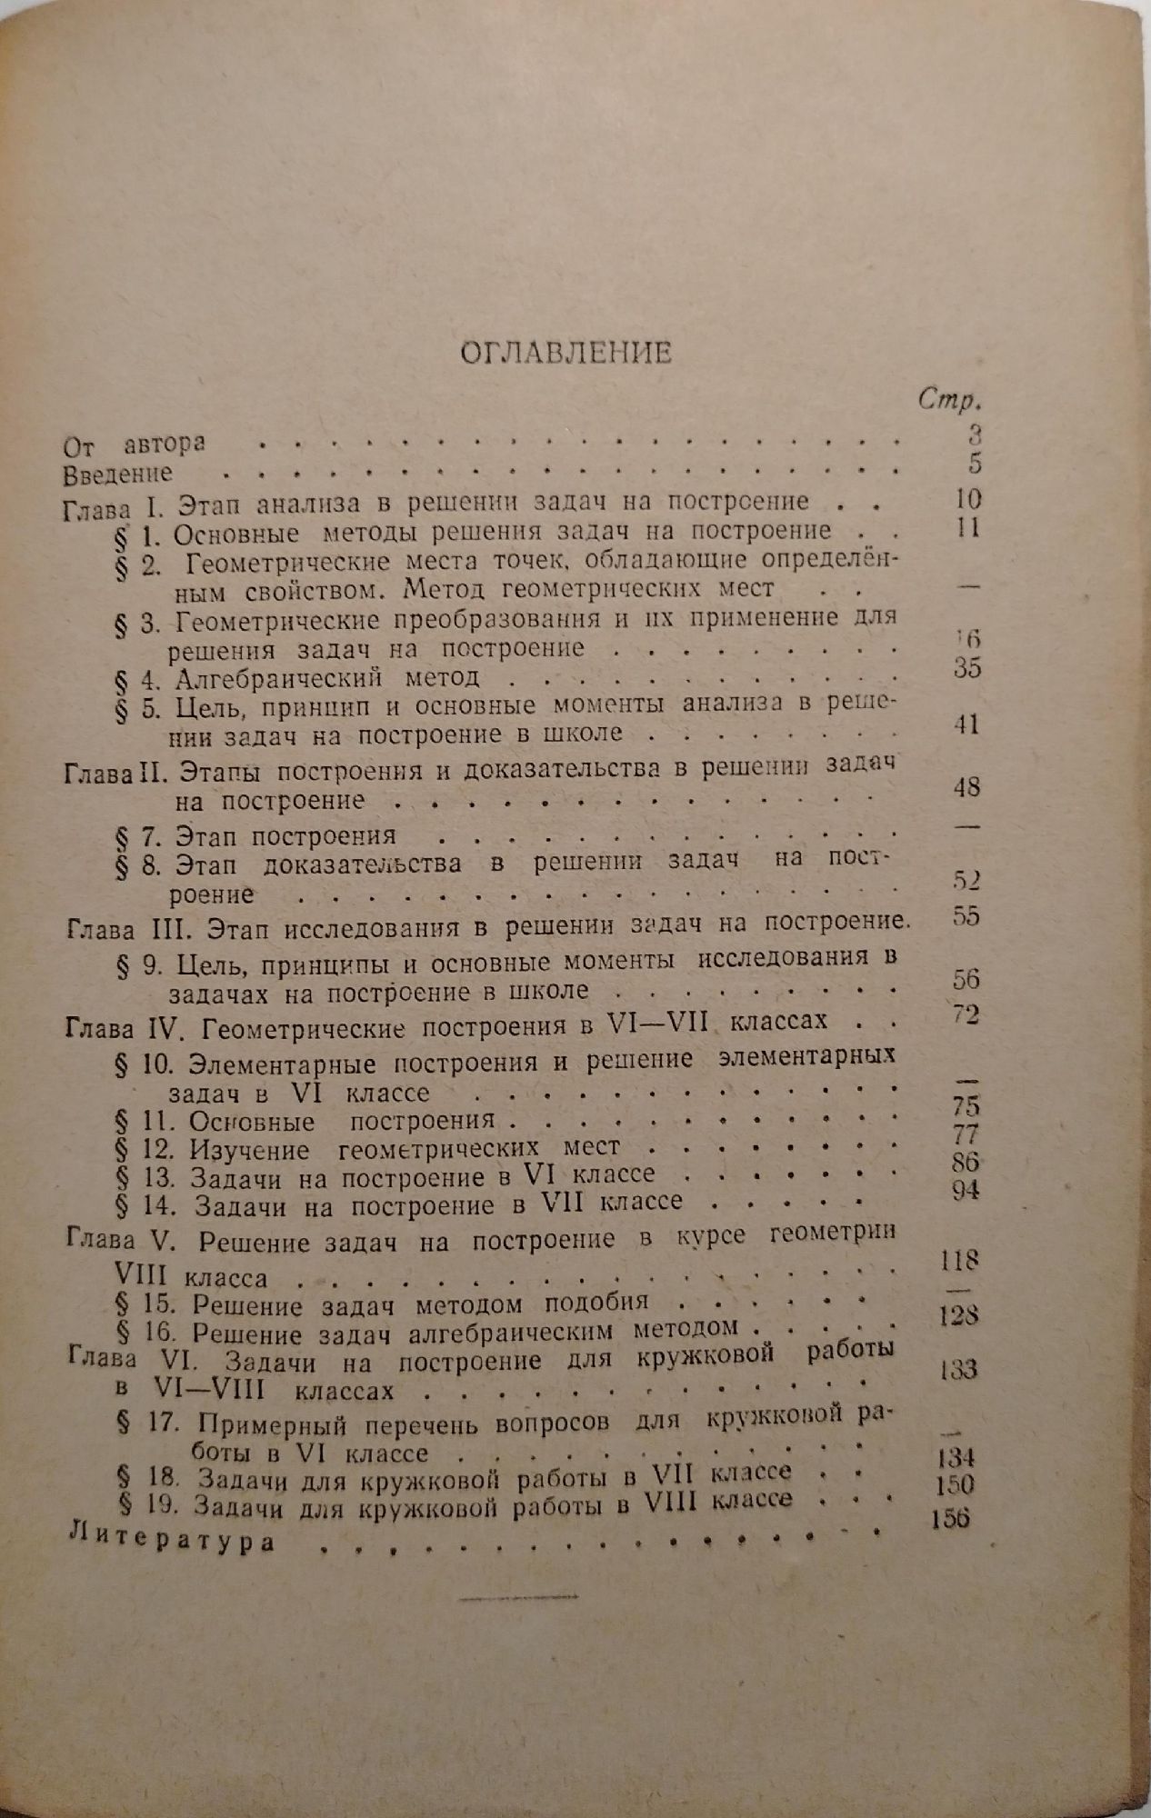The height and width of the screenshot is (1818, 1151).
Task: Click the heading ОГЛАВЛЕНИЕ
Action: pyautogui.click(x=565, y=353)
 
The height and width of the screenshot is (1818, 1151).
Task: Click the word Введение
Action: pyautogui.click(x=117, y=474)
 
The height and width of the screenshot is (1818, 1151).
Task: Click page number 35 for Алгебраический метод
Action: pyautogui.click(x=967, y=668)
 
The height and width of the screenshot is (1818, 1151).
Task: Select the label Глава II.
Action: pyautogui.click(x=112, y=773)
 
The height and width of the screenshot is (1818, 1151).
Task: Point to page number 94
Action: pyautogui.click(x=966, y=1190)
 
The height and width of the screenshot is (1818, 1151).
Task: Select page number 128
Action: pyautogui.click(x=958, y=1315)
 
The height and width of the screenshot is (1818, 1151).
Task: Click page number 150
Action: pyautogui.click(x=955, y=1485)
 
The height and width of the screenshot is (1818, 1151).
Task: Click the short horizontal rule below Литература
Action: pyautogui.click(x=520, y=1596)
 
